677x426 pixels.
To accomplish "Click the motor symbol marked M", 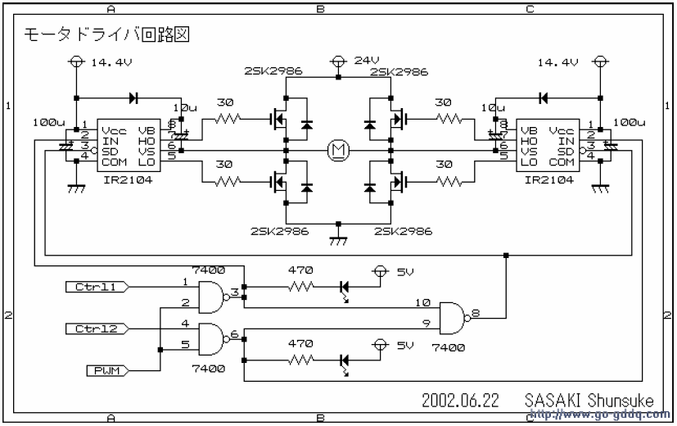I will coord(337,149).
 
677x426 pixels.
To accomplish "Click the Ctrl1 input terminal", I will coord(95,287).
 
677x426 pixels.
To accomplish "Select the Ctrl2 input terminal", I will coord(95,329).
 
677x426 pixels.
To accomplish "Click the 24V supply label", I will coord(365,61).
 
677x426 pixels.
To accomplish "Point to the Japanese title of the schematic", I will coord(107,36).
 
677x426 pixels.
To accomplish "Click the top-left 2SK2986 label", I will coord(273,72).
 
